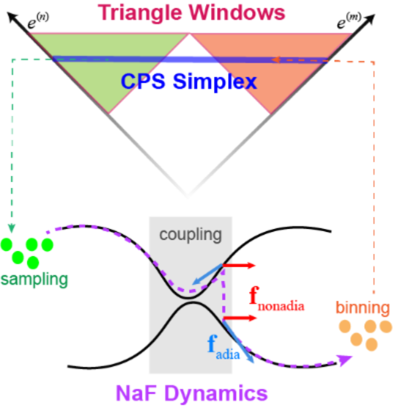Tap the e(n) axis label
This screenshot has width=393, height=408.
[x=38, y=24]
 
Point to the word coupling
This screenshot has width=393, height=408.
[x=190, y=234]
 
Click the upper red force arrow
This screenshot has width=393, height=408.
[x=239, y=265]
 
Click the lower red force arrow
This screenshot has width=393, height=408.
[x=239, y=318]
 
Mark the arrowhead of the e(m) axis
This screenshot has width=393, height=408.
[x=371, y=18]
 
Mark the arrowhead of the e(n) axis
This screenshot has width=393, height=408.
[x=12, y=18]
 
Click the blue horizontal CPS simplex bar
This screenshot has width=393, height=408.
[x=190, y=60]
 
